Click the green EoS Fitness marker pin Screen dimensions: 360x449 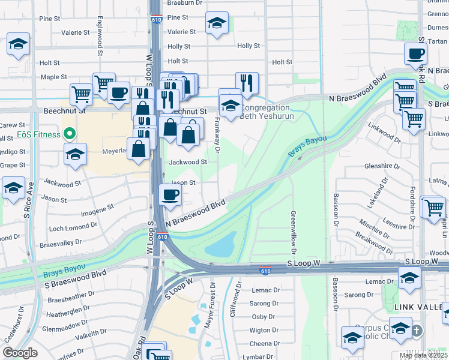70,134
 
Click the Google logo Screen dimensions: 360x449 20,353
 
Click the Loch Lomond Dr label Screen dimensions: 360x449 73,227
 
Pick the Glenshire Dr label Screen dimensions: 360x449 382,166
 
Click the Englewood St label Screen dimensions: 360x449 97,41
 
